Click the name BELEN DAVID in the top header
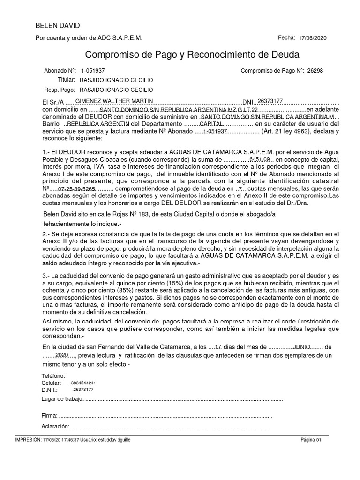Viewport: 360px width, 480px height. [x=58, y=25]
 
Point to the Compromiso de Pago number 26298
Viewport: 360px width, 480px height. [x=315, y=71]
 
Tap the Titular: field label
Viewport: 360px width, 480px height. [x=66, y=80]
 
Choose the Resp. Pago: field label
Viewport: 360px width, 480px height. [x=60, y=90]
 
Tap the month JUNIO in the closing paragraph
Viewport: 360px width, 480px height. [x=301, y=346]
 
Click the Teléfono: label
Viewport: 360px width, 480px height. [x=53, y=376]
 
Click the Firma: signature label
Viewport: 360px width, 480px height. [x=49, y=416]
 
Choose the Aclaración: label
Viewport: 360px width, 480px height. [x=55, y=426]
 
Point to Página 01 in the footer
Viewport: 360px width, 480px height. [x=311, y=440]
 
